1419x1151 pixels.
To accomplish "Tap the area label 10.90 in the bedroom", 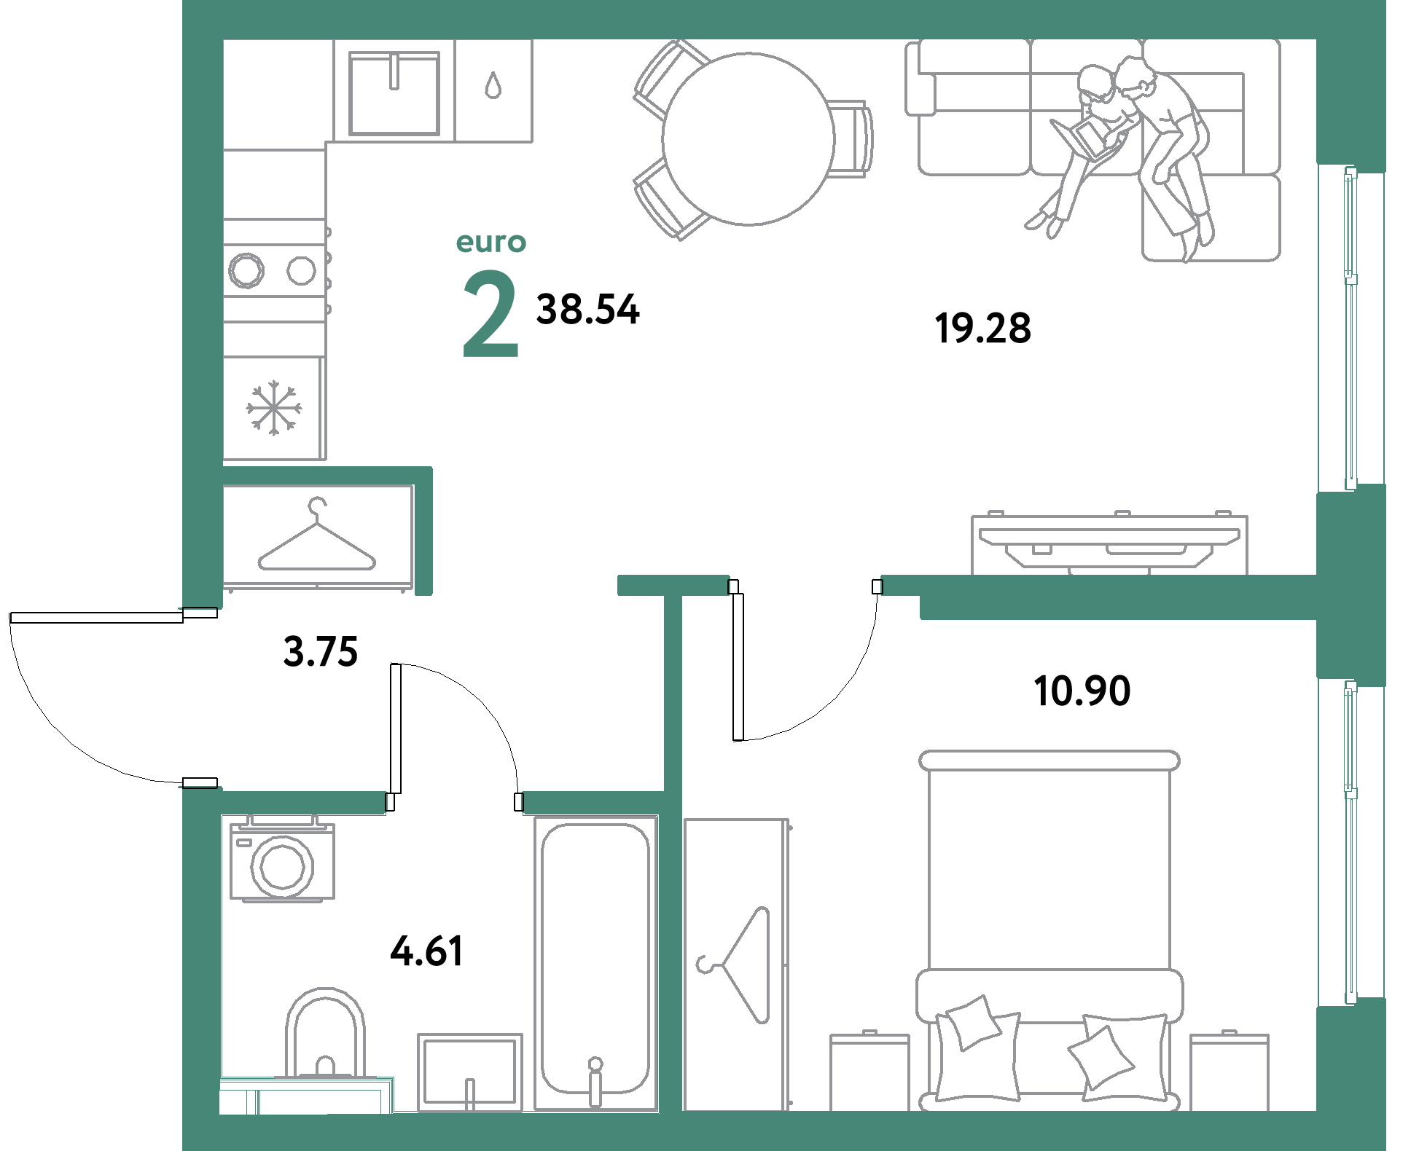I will pos(1082,691).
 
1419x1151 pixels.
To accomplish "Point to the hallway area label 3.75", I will pos(321,651).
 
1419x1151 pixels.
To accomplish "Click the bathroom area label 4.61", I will pos(427,951).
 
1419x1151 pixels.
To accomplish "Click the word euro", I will pos(491,243).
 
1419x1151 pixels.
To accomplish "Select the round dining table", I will pos(748,138).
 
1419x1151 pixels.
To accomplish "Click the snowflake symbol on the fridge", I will pos(273,407).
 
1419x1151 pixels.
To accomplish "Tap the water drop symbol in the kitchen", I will pos(493,85).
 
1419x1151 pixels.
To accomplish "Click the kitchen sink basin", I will pos(394,93).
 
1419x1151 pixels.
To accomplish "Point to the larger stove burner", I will pos(246,270).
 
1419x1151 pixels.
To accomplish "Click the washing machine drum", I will pos(282,864).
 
